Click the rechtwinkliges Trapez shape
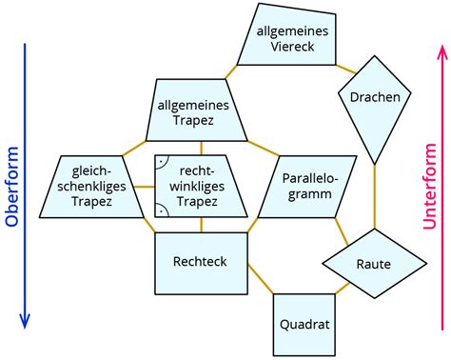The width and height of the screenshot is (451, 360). tap(201, 183)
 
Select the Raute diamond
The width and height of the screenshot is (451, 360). tap(373, 264)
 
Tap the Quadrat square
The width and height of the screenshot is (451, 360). tap(304, 324)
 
